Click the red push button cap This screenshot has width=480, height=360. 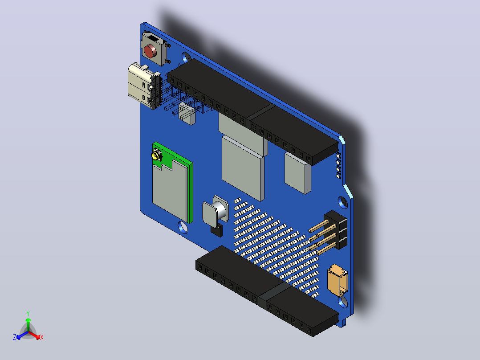(x=150, y=51)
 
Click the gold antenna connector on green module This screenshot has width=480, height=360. (x=156, y=155)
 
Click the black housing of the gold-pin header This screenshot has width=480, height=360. (x=336, y=230)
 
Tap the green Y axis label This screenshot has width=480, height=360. (x=28, y=314)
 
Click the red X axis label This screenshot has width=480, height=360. (x=42, y=337)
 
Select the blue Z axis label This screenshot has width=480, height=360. (x=15, y=337)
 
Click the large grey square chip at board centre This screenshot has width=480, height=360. (x=243, y=168)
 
